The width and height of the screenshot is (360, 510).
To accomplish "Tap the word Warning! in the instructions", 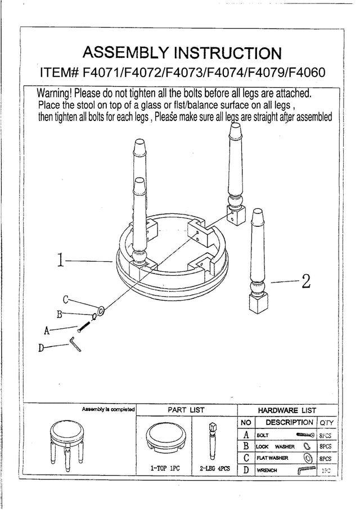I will (x=55, y=92).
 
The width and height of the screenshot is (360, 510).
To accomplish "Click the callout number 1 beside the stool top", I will (x=61, y=261).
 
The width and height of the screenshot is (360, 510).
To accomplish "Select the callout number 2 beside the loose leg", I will (x=306, y=281).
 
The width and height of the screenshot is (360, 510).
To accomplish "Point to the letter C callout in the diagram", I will (x=65, y=299).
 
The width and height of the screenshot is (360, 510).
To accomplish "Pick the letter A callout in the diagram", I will (x=47, y=331).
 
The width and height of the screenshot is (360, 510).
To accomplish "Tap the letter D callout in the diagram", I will (x=41, y=348).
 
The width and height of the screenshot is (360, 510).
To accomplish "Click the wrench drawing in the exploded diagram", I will (x=75, y=343).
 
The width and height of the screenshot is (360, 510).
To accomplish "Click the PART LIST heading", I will (x=186, y=410).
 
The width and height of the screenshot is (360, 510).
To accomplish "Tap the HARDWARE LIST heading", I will (x=287, y=410).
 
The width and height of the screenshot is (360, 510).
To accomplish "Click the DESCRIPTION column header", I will (x=289, y=422).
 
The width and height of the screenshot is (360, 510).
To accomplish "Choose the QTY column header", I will (x=327, y=423).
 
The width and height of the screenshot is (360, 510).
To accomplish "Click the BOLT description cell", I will (x=263, y=435).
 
